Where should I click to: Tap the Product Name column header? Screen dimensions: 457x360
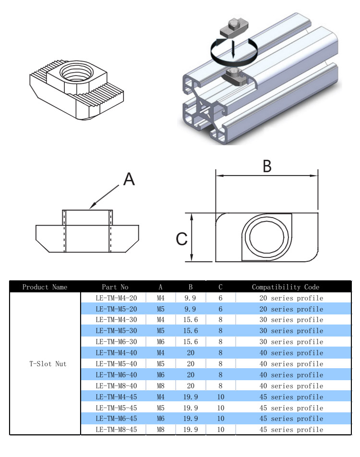(x=45, y=287)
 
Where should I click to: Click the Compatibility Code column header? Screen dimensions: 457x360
(x=285, y=287)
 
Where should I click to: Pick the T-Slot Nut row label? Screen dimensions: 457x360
(x=45, y=364)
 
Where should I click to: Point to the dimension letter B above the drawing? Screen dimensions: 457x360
(x=267, y=166)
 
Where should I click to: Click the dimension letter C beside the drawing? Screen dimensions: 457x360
(x=181, y=239)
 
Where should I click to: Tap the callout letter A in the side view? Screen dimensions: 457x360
(x=129, y=180)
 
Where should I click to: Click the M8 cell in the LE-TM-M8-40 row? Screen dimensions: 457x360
(x=160, y=386)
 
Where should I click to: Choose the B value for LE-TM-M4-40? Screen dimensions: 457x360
(x=191, y=353)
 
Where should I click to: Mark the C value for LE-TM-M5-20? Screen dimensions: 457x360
(x=220, y=309)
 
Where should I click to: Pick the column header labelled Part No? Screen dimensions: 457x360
(x=116, y=287)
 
